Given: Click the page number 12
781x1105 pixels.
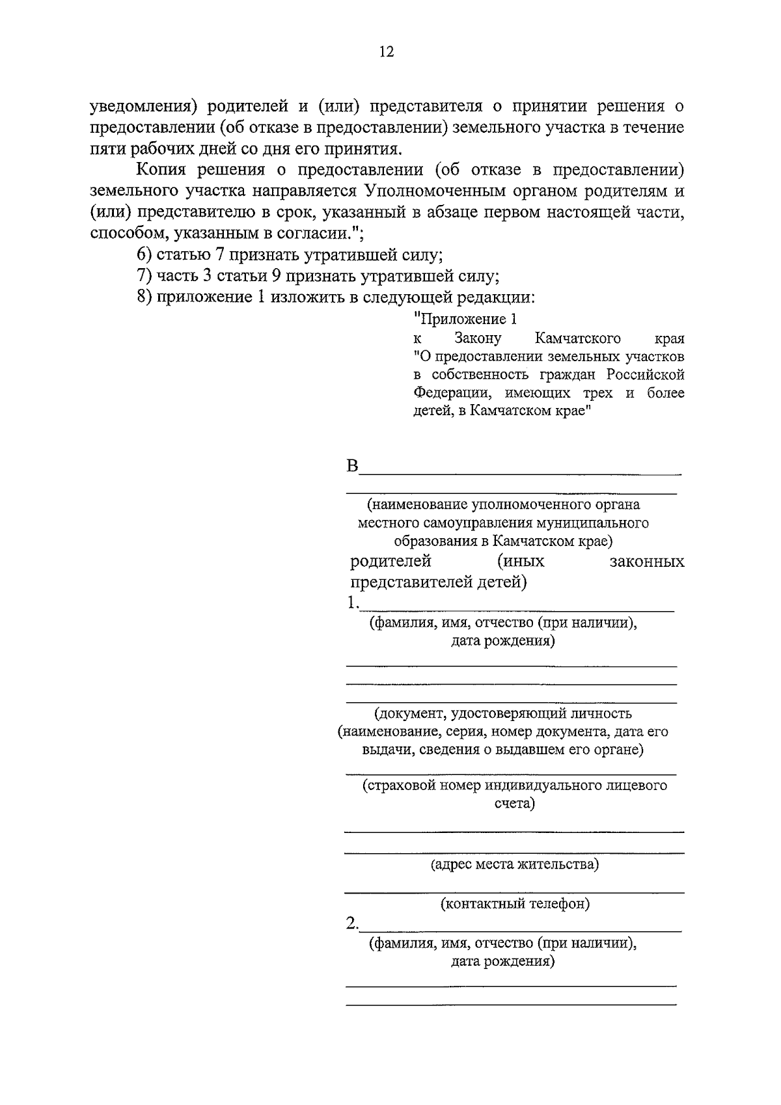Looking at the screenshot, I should [x=387, y=52].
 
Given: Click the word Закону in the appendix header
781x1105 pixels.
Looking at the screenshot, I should [x=478, y=338].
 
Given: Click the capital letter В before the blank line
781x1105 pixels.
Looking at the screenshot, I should [x=352, y=467].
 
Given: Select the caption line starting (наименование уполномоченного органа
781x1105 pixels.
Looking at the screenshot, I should [x=503, y=504].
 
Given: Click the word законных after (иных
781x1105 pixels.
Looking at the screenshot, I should [x=647, y=561].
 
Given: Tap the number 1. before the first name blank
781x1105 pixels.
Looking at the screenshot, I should [x=352, y=603].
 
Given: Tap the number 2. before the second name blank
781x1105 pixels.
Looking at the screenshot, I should [x=352, y=923].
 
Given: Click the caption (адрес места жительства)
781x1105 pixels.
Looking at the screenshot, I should [x=514, y=864].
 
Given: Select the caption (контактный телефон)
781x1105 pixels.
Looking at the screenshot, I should [x=515, y=903].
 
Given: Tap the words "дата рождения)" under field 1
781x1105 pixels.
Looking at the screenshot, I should [x=503, y=641].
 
